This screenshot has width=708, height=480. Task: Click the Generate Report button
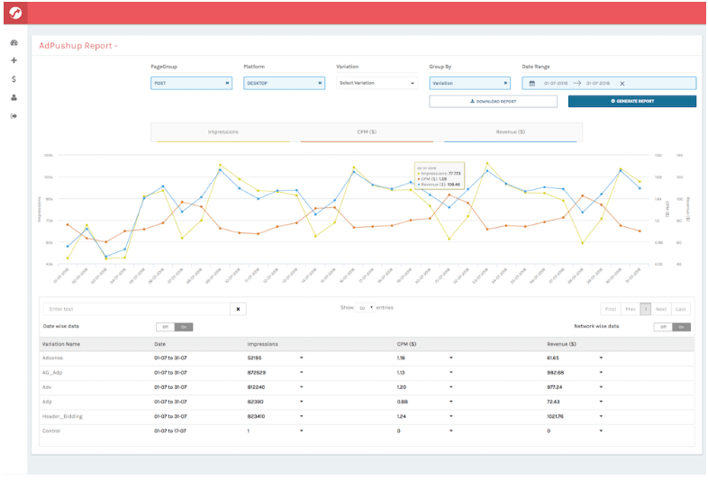tap(631, 101)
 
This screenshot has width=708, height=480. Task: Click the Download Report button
tap(492, 101)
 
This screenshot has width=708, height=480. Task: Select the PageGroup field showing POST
tap(190, 83)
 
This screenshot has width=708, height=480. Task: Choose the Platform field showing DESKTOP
tap(283, 83)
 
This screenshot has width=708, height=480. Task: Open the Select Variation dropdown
tap(377, 83)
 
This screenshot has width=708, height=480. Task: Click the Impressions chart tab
tap(223, 131)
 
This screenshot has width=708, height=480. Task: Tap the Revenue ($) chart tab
tap(510, 131)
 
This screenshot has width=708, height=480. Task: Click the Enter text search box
tap(136, 308)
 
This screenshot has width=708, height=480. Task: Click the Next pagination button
tap(660, 309)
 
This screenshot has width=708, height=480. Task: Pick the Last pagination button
tap(681, 309)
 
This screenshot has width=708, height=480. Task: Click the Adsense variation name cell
tap(55, 358)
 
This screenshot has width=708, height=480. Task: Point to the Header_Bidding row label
tap(62, 416)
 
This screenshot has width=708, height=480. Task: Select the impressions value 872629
tap(260, 372)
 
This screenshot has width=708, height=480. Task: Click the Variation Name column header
tap(61, 343)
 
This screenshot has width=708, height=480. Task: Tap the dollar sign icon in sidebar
tap(14, 79)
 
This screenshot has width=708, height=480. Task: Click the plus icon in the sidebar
tap(14, 60)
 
